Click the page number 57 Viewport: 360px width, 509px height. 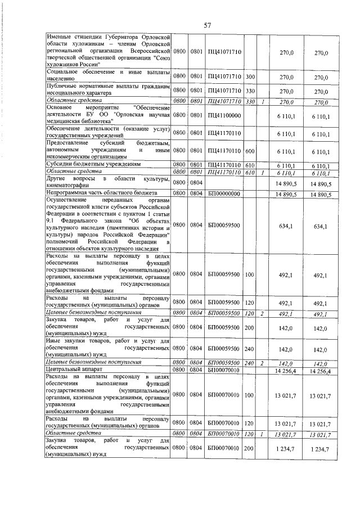[x=206, y=24]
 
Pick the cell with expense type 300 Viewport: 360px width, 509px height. [x=250, y=76]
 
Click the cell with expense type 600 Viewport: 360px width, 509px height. [x=250, y=151]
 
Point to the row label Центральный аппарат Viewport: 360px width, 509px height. [x=71, y=370]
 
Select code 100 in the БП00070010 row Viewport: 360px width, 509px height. [x=250, y=395]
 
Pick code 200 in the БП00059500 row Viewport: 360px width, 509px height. [x=250, y=327]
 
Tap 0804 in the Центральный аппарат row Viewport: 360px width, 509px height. [x=196, y=370]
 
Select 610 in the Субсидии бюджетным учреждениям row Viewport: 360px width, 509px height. [x=250, y=164]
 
